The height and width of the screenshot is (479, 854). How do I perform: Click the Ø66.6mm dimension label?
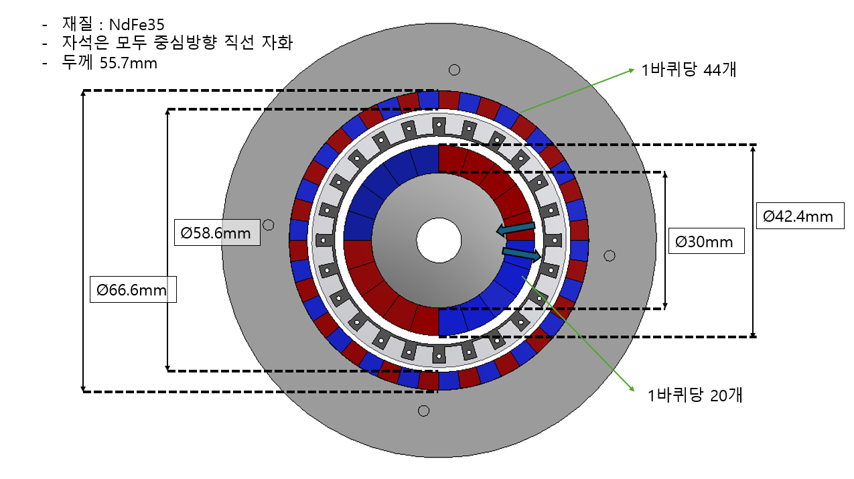[133, 289]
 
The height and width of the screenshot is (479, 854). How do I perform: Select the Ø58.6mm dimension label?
[216, 232]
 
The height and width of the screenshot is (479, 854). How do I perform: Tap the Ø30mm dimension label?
[706, 241]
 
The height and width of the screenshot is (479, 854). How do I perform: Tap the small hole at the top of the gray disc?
[454, 70]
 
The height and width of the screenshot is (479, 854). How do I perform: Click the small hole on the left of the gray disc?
[269, 224]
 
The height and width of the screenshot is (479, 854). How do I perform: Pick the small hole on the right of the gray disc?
[610, 255]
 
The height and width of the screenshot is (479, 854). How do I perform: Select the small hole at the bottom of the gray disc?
[423, 411]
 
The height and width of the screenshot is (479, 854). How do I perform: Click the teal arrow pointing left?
[515, 230]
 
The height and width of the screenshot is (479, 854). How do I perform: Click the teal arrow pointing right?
[522, 253]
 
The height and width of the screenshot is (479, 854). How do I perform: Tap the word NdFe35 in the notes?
[137, 25]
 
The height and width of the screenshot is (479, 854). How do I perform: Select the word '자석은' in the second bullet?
[82, 44]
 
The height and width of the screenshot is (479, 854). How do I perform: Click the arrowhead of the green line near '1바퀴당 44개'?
[632, 70]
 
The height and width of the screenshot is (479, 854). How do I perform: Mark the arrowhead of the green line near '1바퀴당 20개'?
[631, 389]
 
